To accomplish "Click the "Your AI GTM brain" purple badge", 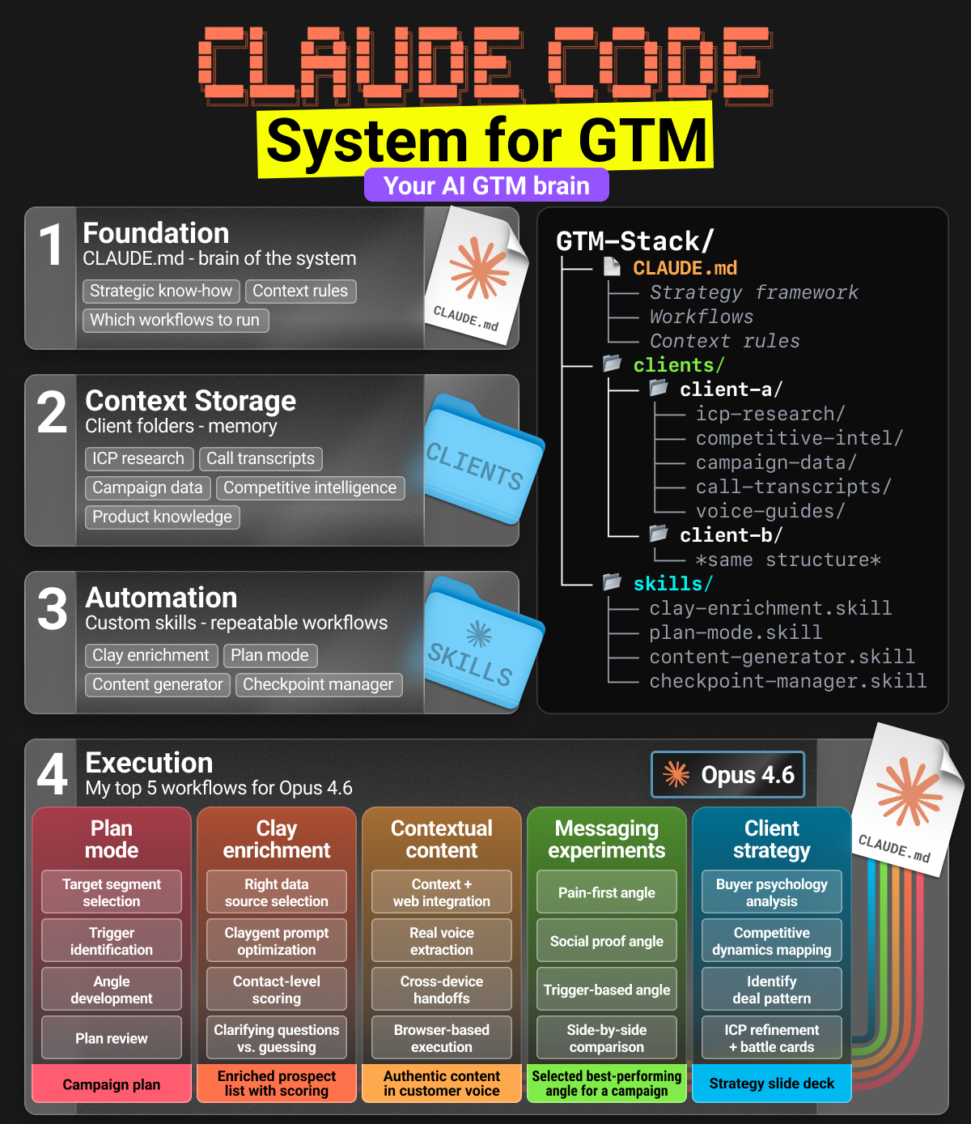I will coord(486,185).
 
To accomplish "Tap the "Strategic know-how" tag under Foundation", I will coord(161,291).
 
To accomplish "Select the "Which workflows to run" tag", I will coord(175,320).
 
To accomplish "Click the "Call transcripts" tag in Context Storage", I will coord(261,458).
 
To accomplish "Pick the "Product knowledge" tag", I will coord(162,517).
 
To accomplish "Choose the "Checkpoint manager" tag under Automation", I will coord(318,684).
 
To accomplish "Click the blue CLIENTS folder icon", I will coord(479,461).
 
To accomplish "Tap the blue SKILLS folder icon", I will coord(479,644).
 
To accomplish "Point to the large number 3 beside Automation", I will coord(53,609).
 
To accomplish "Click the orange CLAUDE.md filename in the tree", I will coord(685,268).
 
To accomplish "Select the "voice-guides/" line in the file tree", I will coord(770,511).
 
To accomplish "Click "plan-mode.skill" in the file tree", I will coord(735,632).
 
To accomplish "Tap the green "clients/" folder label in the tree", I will coord(678,365).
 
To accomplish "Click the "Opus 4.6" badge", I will coord(728,775).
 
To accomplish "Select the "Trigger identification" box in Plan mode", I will coord(112,941).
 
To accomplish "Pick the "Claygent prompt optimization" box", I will coord(277,941).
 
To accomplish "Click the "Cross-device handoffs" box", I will coord(442,990).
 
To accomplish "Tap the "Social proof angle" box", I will coord(607,941).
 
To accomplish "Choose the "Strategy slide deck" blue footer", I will coord(772,1084).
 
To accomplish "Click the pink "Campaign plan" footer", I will coord(112,1084).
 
